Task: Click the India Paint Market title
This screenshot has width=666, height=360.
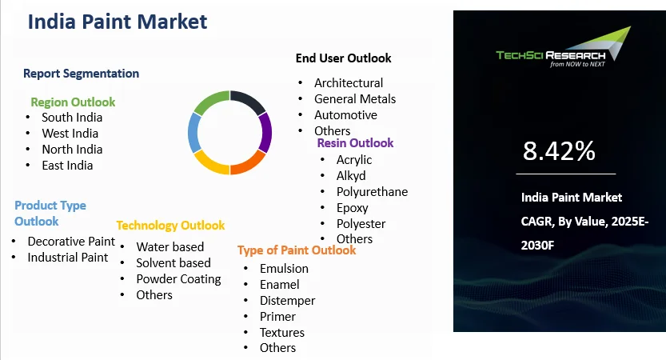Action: (118, 22)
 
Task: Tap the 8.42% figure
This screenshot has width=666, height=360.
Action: (559, 150)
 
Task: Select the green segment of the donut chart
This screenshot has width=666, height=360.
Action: (211, 102)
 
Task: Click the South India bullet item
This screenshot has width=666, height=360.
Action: (72, 118)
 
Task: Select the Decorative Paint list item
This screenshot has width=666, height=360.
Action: (71, 241)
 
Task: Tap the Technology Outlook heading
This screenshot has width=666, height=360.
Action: (170, 226)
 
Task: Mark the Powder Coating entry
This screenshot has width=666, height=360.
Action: (178, 278)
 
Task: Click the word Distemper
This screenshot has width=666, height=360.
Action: (287, 300)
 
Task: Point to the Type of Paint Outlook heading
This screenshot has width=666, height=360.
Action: (297, 250)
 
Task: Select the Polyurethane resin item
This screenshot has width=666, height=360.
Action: (372, 192)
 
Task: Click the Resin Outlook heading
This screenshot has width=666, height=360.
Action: (355, 143)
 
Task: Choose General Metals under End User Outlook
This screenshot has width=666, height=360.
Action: (355, 99)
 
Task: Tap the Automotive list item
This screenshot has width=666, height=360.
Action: (345, 115)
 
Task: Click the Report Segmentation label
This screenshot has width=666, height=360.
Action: (81, 74)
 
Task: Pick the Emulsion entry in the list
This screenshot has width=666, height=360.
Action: (284, 268)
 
